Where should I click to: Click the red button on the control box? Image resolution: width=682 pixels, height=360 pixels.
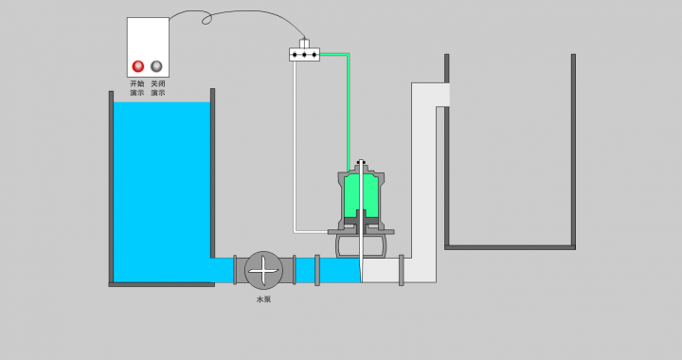pyautogui.click(x=138, y=66)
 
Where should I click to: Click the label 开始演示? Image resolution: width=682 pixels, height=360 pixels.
pyautogui.click(x=137, y=88)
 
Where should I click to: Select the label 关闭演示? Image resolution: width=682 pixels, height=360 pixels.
pyautogui.click(x=158, y=88)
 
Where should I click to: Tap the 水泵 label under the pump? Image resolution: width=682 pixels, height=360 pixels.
pyautogui.click(x=263, y=299)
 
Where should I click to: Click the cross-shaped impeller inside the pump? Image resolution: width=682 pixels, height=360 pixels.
pyautogui.click(x=263, y=270)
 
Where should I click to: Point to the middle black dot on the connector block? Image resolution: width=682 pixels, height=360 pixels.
pyautogui.click(x=304, y=55)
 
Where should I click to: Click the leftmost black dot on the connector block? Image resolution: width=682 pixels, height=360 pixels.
pyautogui.click(x=295, y=55)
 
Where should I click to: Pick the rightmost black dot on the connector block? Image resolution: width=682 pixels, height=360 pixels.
pyautogui.click(x=314, y=55)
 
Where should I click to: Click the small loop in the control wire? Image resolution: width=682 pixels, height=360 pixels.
pyautogui.click(x=206, y=19)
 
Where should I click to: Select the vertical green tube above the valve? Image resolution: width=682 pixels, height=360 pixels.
pyautogui.click(x=348, y=113)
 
